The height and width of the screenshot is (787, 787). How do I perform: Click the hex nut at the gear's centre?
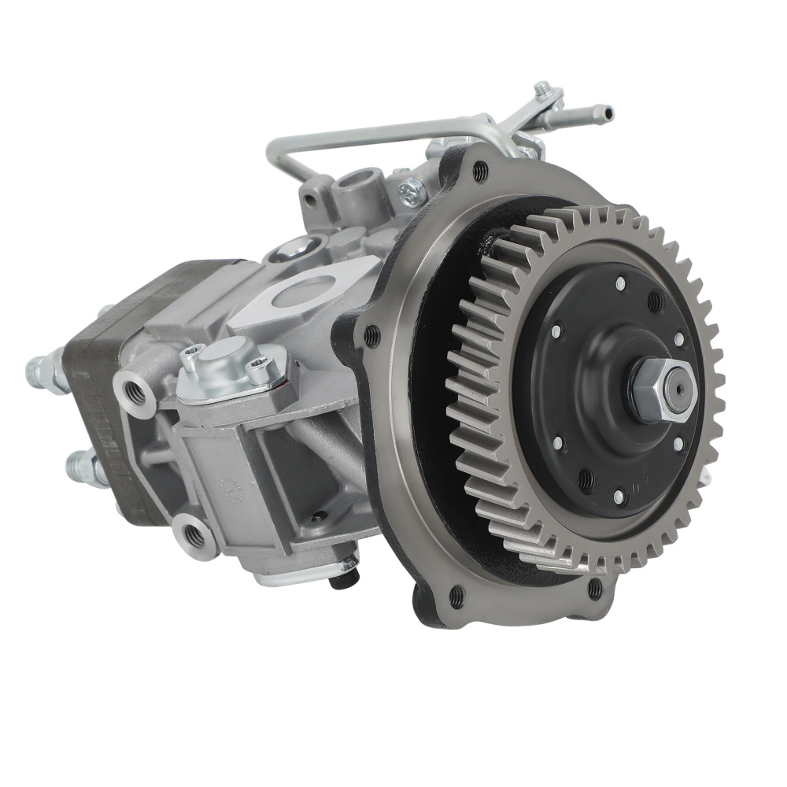660,390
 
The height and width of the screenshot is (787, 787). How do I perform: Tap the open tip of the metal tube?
607,112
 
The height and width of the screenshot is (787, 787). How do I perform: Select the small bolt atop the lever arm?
542,88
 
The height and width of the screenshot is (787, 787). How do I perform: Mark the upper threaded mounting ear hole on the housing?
135,390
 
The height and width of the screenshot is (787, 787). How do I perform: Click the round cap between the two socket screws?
226,368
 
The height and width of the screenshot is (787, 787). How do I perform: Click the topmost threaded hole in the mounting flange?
479,172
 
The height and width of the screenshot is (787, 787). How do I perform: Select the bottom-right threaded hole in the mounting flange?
595,587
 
